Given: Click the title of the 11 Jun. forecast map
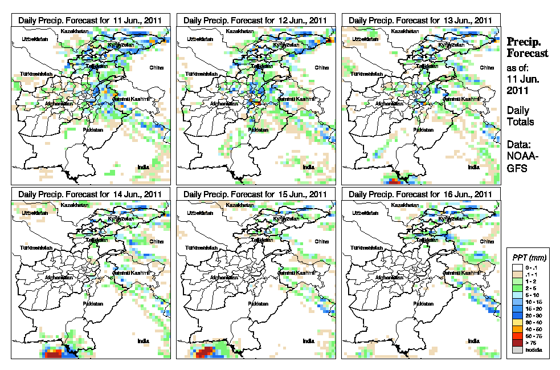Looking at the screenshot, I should tap(91, 19).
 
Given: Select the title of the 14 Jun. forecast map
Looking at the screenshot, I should tap(91, 194).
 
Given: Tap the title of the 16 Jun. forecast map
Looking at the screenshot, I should tap(420, 194).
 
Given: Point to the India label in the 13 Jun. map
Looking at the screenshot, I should tap(473, 167).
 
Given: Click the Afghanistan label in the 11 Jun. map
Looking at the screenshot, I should tap(59, 104).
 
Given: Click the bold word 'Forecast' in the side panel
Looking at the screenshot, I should tap(528, 54).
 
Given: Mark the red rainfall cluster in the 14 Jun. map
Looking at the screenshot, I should tap(54, 353).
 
